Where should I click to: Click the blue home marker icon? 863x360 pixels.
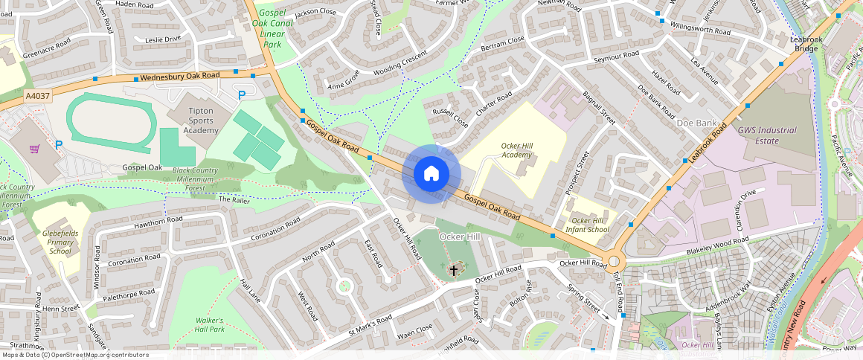click(431, 174)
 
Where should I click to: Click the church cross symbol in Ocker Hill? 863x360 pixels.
click(454, 270)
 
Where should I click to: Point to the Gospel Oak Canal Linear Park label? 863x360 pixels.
click(272, 29)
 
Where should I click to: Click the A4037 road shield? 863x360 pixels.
click(36, 96)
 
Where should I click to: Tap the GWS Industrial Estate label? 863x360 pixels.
click(766, 135)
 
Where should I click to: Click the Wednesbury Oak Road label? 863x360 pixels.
click(180, 76)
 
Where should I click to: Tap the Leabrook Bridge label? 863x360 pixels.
click(805, 45)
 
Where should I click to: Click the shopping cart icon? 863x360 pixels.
click(34, 148)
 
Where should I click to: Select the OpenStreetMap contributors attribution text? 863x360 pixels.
click(74, 355)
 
